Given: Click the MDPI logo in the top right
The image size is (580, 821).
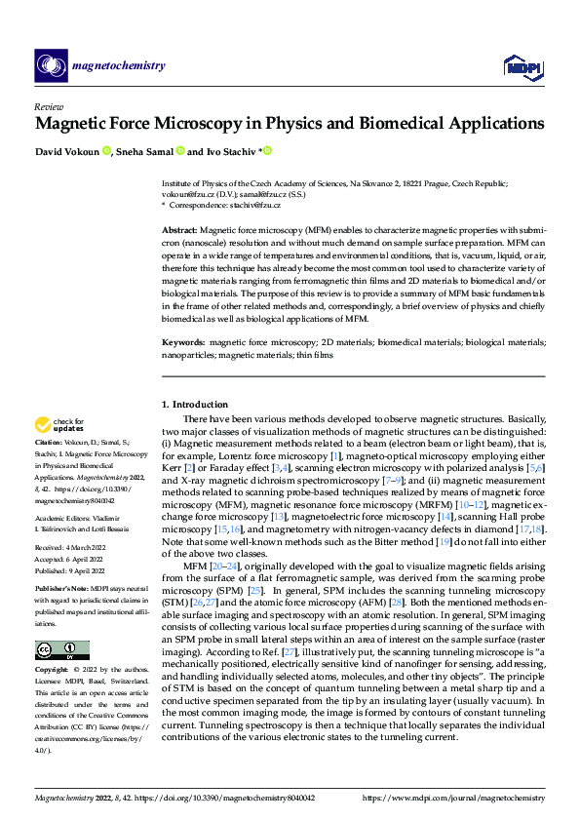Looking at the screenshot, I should (522, 66).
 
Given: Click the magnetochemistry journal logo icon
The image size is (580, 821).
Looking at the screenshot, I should (52, 66).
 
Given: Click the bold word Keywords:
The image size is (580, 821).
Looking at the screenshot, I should (183, 343).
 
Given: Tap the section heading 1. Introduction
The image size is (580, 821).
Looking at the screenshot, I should (194, 404).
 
